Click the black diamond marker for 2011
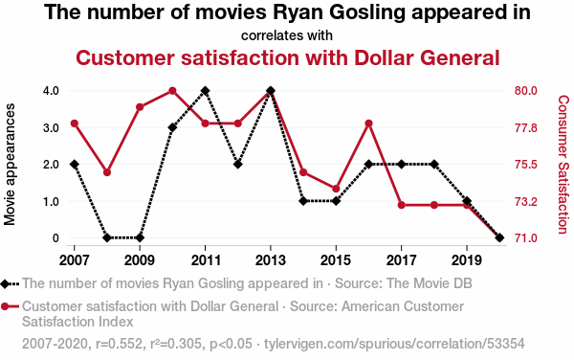pyautogui.click(x=205, y=90)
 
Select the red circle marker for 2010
pyautogui.click(x=172, y=90)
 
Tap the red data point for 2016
pyautogui.click(x=368, y=124)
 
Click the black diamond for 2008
pyautogui.click(x=107, y=237)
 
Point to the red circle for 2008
pyautogui.click(x=107, y=172)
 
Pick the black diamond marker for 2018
pyautogui.click(x=434, y=164)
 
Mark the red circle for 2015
pyautogui.click(x=336, y=189)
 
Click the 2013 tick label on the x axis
pyautogui.click(x=271, y=260)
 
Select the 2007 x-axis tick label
pyautogui.click(x=75, y=260)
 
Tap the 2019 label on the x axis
pyautogui.click(x=467, y=260)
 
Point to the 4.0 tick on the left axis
pyautogui.click(x=51, y=90)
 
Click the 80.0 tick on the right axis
pyautogui.click(x=525, y=90)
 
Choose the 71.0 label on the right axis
pyautogui.click(x=525, y=238)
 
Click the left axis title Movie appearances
pyautogui.click(x=10, y=164)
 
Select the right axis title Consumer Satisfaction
pyautogui.click(x=563, y=165)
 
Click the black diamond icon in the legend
pyautogui.click(x=5, y=283)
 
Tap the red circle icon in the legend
pyautogui.click(x=5, y=306)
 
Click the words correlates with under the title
pyautogui.click(x=287, y=35)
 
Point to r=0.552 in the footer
pyautogui.click(x=119, y=344)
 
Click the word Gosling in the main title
pyautogui.click(x=367, y=12)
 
